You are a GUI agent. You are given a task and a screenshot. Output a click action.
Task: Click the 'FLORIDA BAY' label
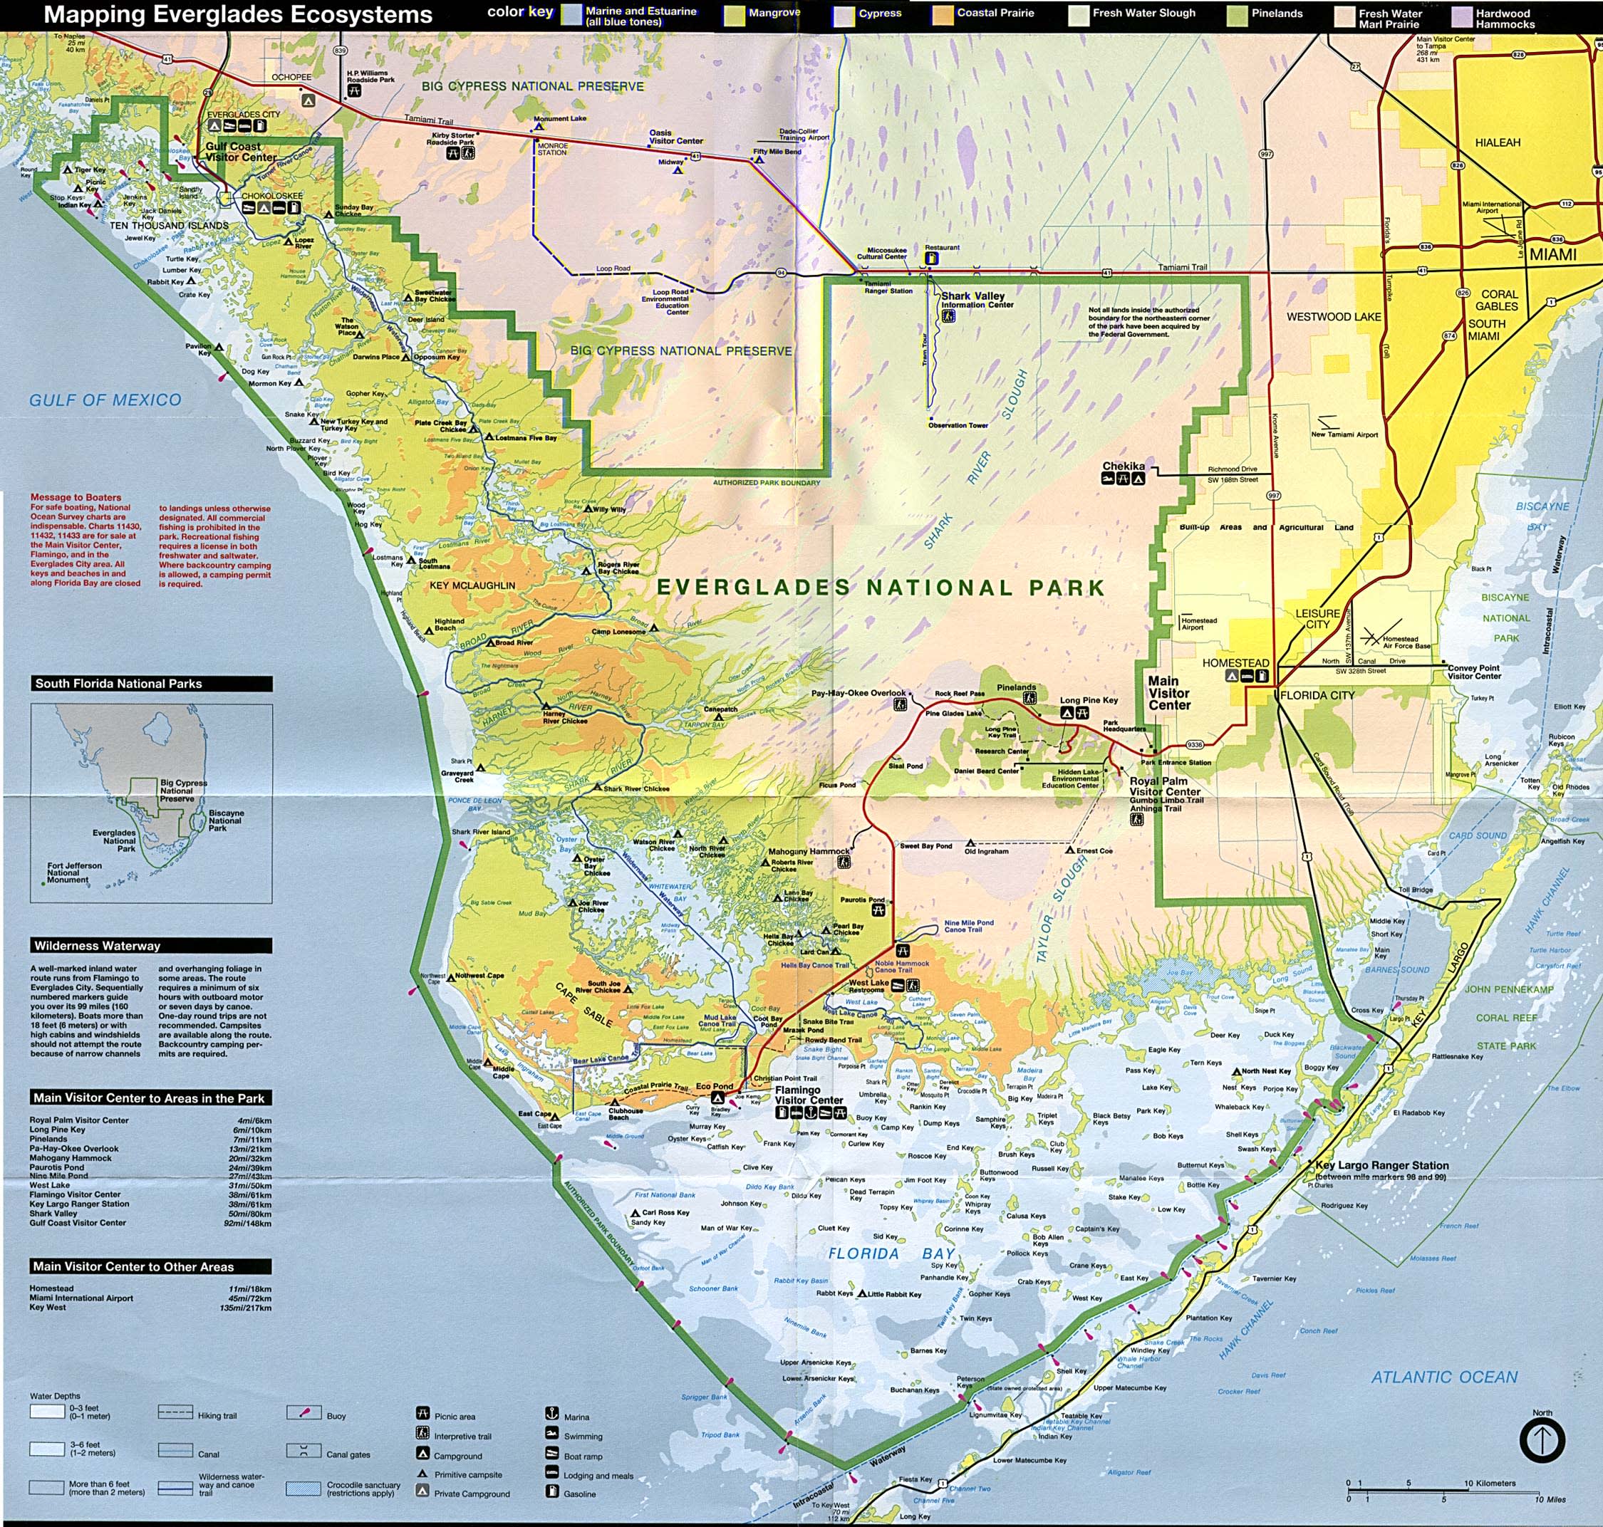(x=891, y=1254)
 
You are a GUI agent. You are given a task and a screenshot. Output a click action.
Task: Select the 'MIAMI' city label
(x=1552, y=255)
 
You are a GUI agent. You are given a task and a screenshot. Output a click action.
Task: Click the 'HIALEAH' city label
(x=1498, y=142)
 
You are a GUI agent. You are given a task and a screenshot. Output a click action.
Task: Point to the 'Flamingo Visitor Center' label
(x=809, y=1095)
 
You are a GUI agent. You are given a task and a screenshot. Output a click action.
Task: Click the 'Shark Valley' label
(x=973, y=296)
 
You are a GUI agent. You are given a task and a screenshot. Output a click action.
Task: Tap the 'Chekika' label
(x=1124, y=467)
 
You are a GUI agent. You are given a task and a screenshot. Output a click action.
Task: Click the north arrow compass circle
(x=1542, y=1441)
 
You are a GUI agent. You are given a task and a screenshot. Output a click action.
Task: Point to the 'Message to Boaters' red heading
(x=76, y=497)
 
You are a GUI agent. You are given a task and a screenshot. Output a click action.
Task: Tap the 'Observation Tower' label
(x=958, y=425)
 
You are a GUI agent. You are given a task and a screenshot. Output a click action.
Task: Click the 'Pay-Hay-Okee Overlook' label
(x=858, y=694)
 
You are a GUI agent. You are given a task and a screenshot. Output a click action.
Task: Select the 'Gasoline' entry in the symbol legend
(x=580, y=1494)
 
